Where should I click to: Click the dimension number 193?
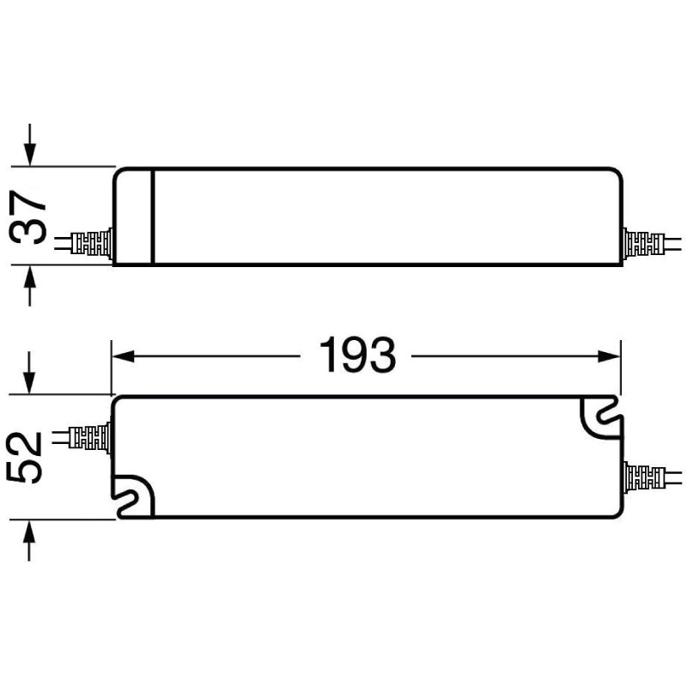click(x=357, y=355)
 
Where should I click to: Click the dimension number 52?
click(x=27, y=458)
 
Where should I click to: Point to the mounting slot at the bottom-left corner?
click(x=134, y=496)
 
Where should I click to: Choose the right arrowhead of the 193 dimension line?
click(x=611, y=355)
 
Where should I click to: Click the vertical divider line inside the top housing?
click(x=152, y=216)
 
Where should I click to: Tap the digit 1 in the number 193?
click(x=327, y=355)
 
